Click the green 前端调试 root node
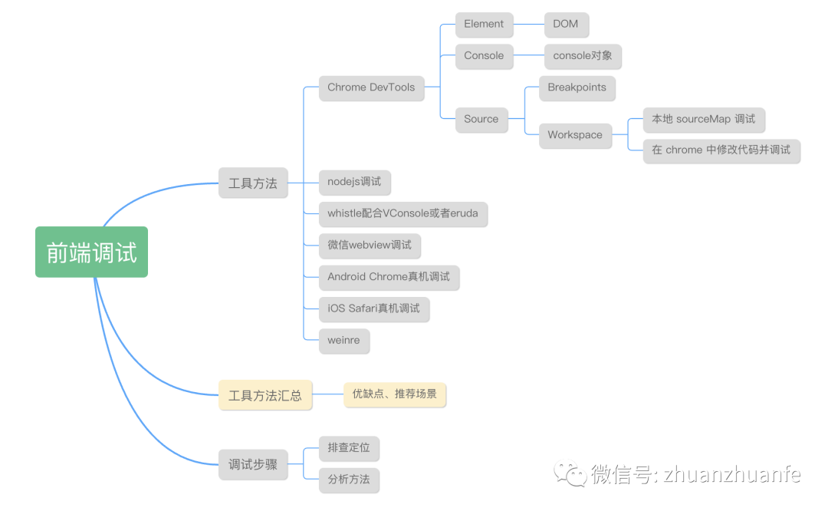pyautogui.click(x=91, y=252)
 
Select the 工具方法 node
pyautogui.click(x=253, y=183)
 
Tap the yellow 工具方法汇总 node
pyautogui.click(x=265, y=396)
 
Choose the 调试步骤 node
pyautogui.click(x=253, y=465)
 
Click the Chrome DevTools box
pyautogui.click(x=371, y=87)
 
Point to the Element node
pyautogui.click(x=484, y=24)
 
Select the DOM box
pyautogui.click(x=566, y=24)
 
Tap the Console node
pyautogui.click(x=484, y=55)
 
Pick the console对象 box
pyautogui.click(x=583, y=56)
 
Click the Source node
pyautogui.click(x=481, y=119)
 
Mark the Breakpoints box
pyautogui.click(x=577, y=87)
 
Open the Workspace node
pyautogui.click(x=575, y=135)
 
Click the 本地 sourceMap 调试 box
pyautogui.click(x=703, y=119)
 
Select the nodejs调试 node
pyautogui.click(x=354, y=183)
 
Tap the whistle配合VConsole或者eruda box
pyautogui.click(x=402, y=213)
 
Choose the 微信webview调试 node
pyautogui.click(x=370, y=245)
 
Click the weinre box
pyautogui.click(x=343, y=340)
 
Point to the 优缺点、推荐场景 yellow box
pyautogui.click(x=394, y=394)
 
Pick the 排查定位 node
pyautogui.click(x=349, y=448)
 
